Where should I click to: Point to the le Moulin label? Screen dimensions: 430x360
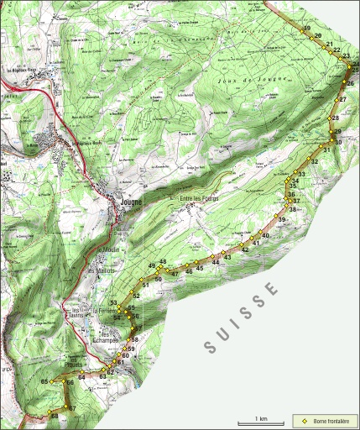[110, 250]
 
